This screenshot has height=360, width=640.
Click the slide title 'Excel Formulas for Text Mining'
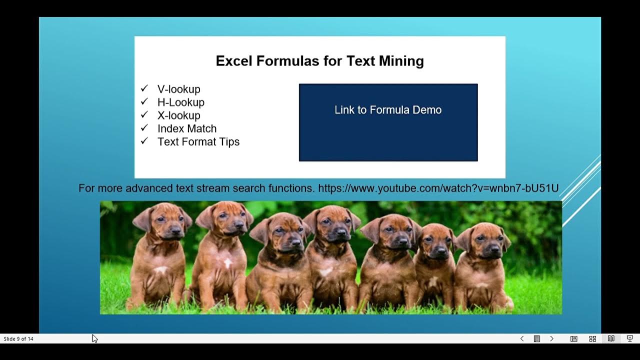[319, 61]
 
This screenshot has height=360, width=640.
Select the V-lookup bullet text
[178, 89]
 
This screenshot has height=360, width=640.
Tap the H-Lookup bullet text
[180, 102]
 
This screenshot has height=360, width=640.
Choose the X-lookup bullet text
[178, 115]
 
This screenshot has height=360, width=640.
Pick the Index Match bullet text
[187, 128]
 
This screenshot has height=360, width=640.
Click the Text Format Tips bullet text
[198, 141]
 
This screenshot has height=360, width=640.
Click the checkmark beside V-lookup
[144, 88]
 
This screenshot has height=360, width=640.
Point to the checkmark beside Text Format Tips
[144, 141]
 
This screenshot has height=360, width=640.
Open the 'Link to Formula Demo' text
[388, 110]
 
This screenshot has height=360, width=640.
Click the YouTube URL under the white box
[438, 188]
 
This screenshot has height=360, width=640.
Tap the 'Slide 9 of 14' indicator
[18, 339]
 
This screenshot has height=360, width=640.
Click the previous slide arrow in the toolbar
[522, 338]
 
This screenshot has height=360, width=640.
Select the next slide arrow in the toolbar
[551, 338]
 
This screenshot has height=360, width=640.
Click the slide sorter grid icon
[592, 338]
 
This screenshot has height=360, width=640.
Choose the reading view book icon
[611, 338]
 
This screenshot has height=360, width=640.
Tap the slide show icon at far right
[629, 338]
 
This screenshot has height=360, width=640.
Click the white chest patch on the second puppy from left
[227, 262]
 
